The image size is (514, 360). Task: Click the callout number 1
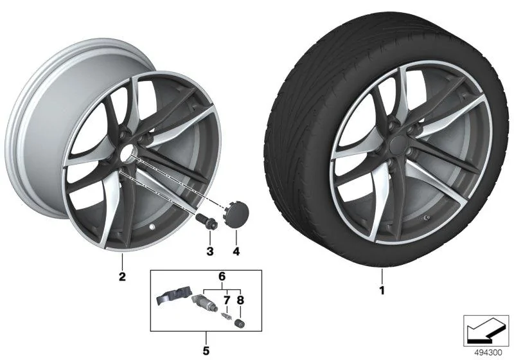382,290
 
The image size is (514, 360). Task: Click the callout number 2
122,276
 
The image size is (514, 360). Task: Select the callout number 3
210,251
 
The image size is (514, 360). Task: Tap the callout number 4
236,251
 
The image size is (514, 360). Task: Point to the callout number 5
206,351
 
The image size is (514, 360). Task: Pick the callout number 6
222,276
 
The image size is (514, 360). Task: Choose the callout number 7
227,300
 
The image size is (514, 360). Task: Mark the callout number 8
240,300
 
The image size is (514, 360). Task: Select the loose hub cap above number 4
236,213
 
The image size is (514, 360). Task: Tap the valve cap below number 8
240,323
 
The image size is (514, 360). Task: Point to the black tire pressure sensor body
173,295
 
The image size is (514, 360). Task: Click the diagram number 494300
488,352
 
